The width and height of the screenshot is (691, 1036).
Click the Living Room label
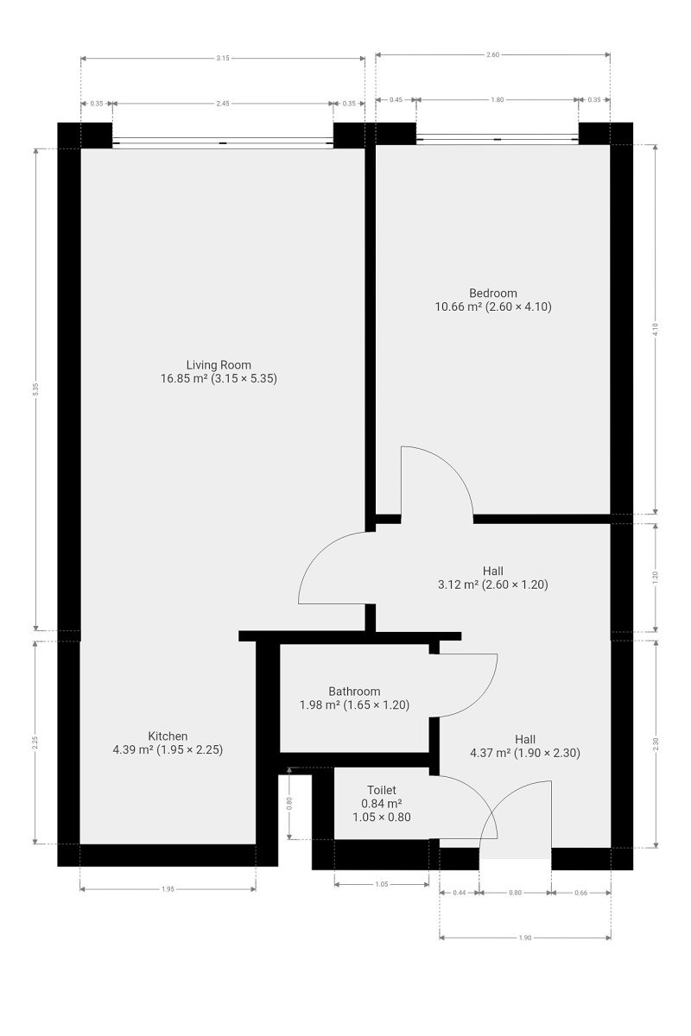tap(219, 365)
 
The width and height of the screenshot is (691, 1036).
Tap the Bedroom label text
tap(493, 294)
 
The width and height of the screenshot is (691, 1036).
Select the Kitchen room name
tap(168, 736)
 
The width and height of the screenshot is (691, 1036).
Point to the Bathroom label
tap(354, 692)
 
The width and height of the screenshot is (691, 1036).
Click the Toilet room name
tap(382, 790)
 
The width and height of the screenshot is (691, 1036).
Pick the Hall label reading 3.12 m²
tap(493, 578)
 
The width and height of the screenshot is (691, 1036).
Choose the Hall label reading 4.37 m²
tap(525, 746)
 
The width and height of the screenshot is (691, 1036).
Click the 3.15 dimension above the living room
tap(223, 59)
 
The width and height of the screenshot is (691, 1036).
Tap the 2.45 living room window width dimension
tap(223, 104)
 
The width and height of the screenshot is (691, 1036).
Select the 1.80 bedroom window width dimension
tap(497, 99)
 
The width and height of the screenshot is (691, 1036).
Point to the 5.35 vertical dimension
tap(35, 390)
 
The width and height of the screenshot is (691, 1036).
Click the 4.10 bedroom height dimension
tap(655, 329)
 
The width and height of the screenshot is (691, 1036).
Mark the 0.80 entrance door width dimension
tap(515, 893)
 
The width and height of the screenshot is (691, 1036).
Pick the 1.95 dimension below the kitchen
tap(168, 889)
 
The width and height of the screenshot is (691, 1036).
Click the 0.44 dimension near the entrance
tap(460, 893)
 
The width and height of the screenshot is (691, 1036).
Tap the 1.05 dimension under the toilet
tap(382, 884)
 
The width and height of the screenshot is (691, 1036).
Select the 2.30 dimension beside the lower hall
tap(655, 744)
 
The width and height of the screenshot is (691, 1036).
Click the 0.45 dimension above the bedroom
tap(396, 99)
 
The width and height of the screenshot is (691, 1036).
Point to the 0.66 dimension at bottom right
tap(580, 893)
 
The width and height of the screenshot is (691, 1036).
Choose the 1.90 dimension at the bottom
tap(525, 938)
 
